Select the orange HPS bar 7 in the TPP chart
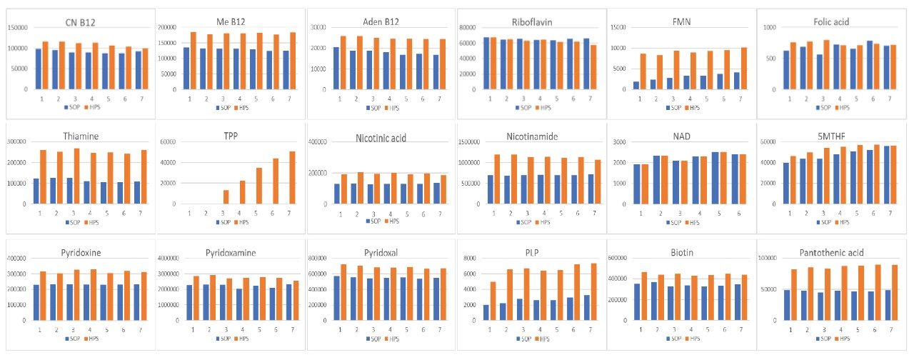coord(291,177)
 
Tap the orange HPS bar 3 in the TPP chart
coord(226,196)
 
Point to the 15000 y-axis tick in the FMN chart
coord(618,27)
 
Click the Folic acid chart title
coord(831,23)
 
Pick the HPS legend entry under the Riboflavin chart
coord(546,107)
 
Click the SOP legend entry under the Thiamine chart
coord(66,222)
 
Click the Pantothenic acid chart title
coord(831,253)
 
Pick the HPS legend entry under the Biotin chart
coord(696,337)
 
